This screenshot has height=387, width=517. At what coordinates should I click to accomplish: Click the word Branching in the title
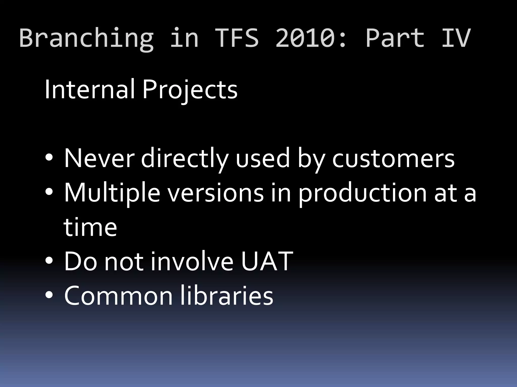[86, 38]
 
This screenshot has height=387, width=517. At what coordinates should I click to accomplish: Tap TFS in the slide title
[237, 38]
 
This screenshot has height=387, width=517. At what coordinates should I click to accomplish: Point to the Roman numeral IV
[456, 38]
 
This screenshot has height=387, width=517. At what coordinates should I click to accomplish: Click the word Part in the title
[395, 38]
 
